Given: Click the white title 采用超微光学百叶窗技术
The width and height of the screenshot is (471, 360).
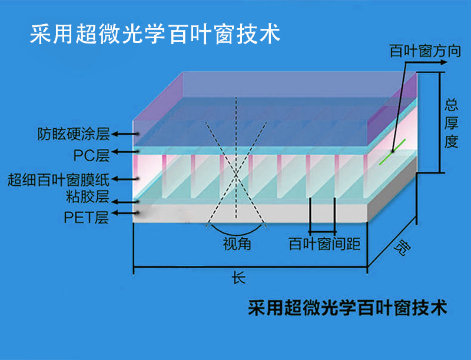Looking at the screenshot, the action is point(155,34).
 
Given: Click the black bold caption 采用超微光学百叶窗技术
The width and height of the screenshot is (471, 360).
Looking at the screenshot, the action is point(347,308).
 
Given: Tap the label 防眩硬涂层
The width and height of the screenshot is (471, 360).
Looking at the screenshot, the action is point(74,134).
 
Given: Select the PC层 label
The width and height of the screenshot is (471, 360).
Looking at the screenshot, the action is point(92,155).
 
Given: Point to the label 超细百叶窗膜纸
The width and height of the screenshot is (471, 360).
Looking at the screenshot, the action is point(58,179).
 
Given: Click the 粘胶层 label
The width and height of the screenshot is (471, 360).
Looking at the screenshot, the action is point(88,196).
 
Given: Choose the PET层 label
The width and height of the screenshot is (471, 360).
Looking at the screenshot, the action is point(86,218).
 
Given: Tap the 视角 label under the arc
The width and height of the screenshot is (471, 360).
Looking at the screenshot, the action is point(237,244).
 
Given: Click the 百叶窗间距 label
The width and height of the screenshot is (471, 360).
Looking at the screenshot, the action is point(324,244).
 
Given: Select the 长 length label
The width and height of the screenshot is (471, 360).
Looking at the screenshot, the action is point(238,278).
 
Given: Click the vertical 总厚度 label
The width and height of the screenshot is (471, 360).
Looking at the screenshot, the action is point(451,123).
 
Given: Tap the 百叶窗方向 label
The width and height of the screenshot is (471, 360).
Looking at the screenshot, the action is point(425,51).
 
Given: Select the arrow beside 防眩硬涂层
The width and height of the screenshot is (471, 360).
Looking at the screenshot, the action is point(125,134).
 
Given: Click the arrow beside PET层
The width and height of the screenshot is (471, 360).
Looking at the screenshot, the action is point(125,214).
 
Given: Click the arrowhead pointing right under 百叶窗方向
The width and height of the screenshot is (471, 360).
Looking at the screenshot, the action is point(443,62).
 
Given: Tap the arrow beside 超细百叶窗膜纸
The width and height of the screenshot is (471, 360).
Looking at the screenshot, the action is point(125,179).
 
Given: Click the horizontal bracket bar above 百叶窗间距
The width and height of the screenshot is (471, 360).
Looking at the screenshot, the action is point(322,232).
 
